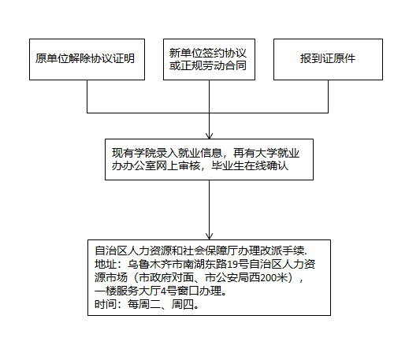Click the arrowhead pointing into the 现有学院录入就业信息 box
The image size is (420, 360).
tap(209, 135)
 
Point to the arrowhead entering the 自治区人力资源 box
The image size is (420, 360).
tap(209, 236)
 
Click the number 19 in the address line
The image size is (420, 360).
tap(232, 265)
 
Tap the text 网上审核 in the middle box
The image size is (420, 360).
tap(178, 165)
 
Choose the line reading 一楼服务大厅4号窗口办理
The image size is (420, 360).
tap(161, 291)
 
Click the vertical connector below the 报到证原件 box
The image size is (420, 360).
tap(328, 96)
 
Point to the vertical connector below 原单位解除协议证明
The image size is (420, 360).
tap(87, 96)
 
